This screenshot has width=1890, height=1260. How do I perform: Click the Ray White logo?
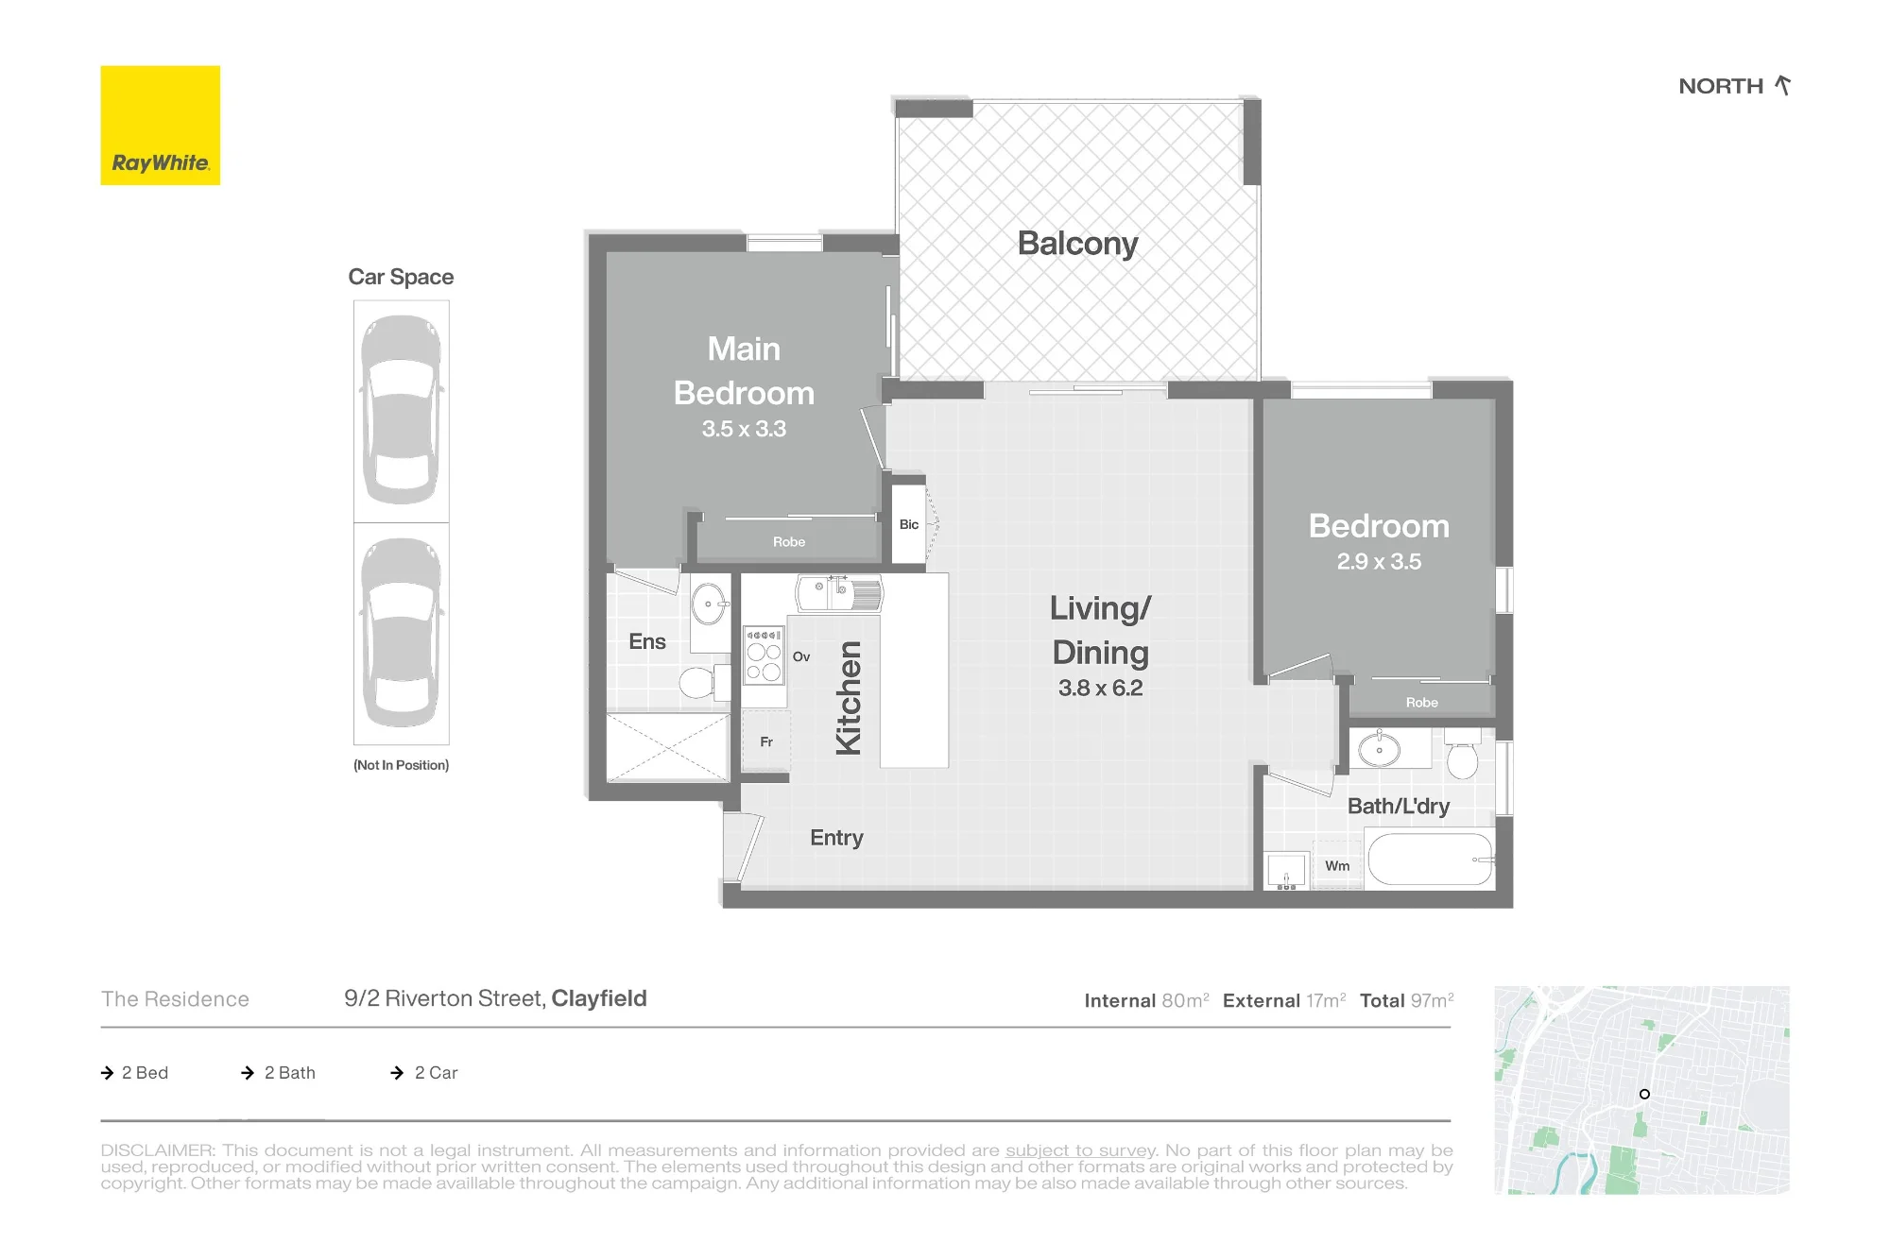[161, 126]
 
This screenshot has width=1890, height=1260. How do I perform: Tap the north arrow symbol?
[1782, 85]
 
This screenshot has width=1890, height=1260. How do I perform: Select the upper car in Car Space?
[402, 410]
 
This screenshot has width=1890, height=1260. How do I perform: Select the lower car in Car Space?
[402, 633]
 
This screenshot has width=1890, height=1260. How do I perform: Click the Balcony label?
[1077, 244]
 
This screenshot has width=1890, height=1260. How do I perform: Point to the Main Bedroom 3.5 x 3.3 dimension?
[744, 429]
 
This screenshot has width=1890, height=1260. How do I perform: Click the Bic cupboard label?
[909, 524]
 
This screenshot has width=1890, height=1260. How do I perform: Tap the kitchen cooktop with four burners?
[764, 654]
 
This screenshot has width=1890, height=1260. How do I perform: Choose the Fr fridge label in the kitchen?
[766, 742]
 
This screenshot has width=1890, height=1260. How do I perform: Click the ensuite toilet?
[704, 681]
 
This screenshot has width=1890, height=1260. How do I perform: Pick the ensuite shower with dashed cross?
[668, 748]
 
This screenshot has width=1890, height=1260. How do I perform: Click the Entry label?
[836, 838]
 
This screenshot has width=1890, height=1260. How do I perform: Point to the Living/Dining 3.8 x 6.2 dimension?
[1100, 688]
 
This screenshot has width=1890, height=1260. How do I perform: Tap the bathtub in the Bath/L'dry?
[1431, 859]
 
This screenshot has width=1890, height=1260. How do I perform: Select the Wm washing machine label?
[1337, 866]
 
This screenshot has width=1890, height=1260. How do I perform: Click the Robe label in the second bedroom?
[1421, 703]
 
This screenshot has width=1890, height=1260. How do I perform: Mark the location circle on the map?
[1644, 1094]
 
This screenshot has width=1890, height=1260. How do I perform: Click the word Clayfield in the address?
[599, 998]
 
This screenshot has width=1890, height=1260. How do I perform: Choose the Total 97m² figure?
[1406, 1000]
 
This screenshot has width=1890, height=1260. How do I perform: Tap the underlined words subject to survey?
[1080, 1150]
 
